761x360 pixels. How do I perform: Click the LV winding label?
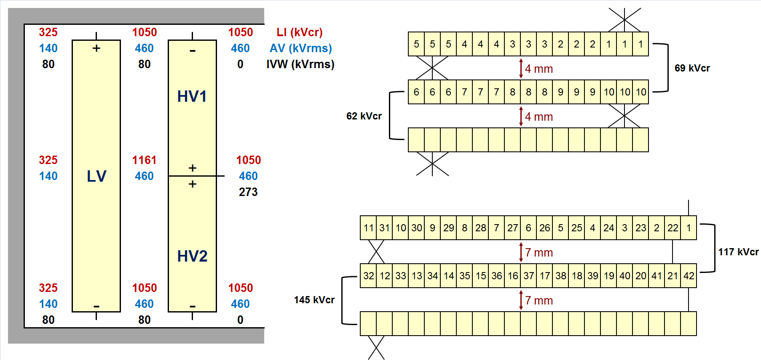coord(96,176)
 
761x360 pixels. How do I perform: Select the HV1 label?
coord(192,96)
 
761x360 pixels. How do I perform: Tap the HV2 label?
coord(192,256)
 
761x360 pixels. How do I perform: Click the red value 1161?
coord(144,160)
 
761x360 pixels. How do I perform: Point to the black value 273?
coord(248,192)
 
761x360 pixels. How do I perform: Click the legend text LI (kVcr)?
coord(300,32)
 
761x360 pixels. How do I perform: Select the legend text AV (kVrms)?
coord(301,48)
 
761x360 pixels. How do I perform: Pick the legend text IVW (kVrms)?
coord(300,64)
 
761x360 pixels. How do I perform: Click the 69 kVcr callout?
coord(692,68)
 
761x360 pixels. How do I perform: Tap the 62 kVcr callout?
coord(364,116)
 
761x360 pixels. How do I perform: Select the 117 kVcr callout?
coord(738,252)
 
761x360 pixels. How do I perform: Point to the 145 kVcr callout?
coord(314,300)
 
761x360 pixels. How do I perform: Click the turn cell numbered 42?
coord(689,276)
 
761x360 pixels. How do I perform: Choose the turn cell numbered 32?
coord(369,276)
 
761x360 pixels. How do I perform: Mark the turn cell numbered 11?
coord(369,228)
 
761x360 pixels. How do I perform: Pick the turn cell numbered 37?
coord(529,276)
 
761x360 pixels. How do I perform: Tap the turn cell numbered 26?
coord(545,228)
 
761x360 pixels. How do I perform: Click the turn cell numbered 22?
coord(673,228)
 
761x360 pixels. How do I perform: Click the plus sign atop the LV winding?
coord(96,48)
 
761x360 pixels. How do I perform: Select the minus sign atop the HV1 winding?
coord(193,51)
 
